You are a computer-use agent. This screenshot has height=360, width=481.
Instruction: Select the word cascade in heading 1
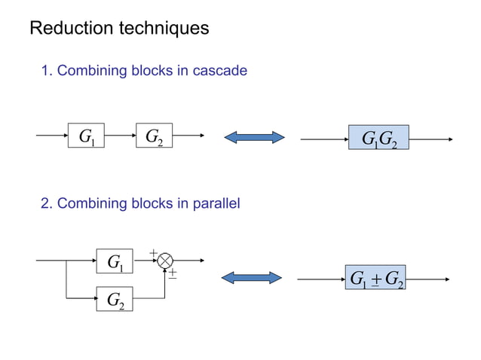coord(220,71)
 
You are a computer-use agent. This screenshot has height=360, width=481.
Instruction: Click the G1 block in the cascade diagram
coord(86,137)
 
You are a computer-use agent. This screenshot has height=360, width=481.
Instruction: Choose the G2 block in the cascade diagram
coord(154,137)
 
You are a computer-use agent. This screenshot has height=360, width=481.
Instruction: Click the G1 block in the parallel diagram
coord(115,261)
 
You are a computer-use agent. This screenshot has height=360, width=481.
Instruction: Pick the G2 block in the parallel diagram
coord(115,300)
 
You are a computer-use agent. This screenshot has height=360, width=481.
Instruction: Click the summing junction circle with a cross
coord(165,260)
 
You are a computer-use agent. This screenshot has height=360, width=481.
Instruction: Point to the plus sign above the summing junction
coord(153,252)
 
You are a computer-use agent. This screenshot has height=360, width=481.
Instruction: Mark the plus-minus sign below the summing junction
coord(173,274)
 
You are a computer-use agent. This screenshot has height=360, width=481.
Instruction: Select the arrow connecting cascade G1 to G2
coord(120,137)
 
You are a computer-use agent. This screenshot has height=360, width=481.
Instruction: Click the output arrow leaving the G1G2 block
coord(430,139)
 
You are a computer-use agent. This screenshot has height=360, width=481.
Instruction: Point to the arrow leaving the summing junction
coord(188,260)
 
